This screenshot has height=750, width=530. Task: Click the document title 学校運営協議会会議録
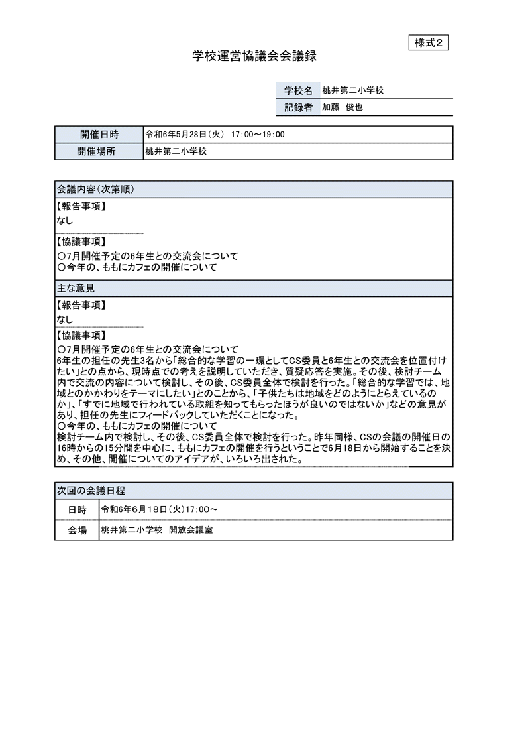coord(254,57)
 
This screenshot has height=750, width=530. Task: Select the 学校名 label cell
coord(297,91)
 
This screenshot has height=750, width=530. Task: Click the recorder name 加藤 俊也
coord(343,107)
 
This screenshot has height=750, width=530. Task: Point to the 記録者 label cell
coord(297,107)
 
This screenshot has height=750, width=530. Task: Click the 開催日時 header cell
coord(99,135)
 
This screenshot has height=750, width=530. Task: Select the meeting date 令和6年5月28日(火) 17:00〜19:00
coord(215,135)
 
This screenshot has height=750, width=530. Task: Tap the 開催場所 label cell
coord(99,151)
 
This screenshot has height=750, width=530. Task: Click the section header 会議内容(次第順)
coord(96,189)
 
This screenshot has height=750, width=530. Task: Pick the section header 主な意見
coord(76,288)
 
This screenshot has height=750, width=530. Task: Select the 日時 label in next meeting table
coord(77,510)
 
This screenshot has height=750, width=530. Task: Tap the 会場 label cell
coord(77,531)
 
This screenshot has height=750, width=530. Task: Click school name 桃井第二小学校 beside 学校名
coord(352,91)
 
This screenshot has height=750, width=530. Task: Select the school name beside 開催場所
coord(176,151)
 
